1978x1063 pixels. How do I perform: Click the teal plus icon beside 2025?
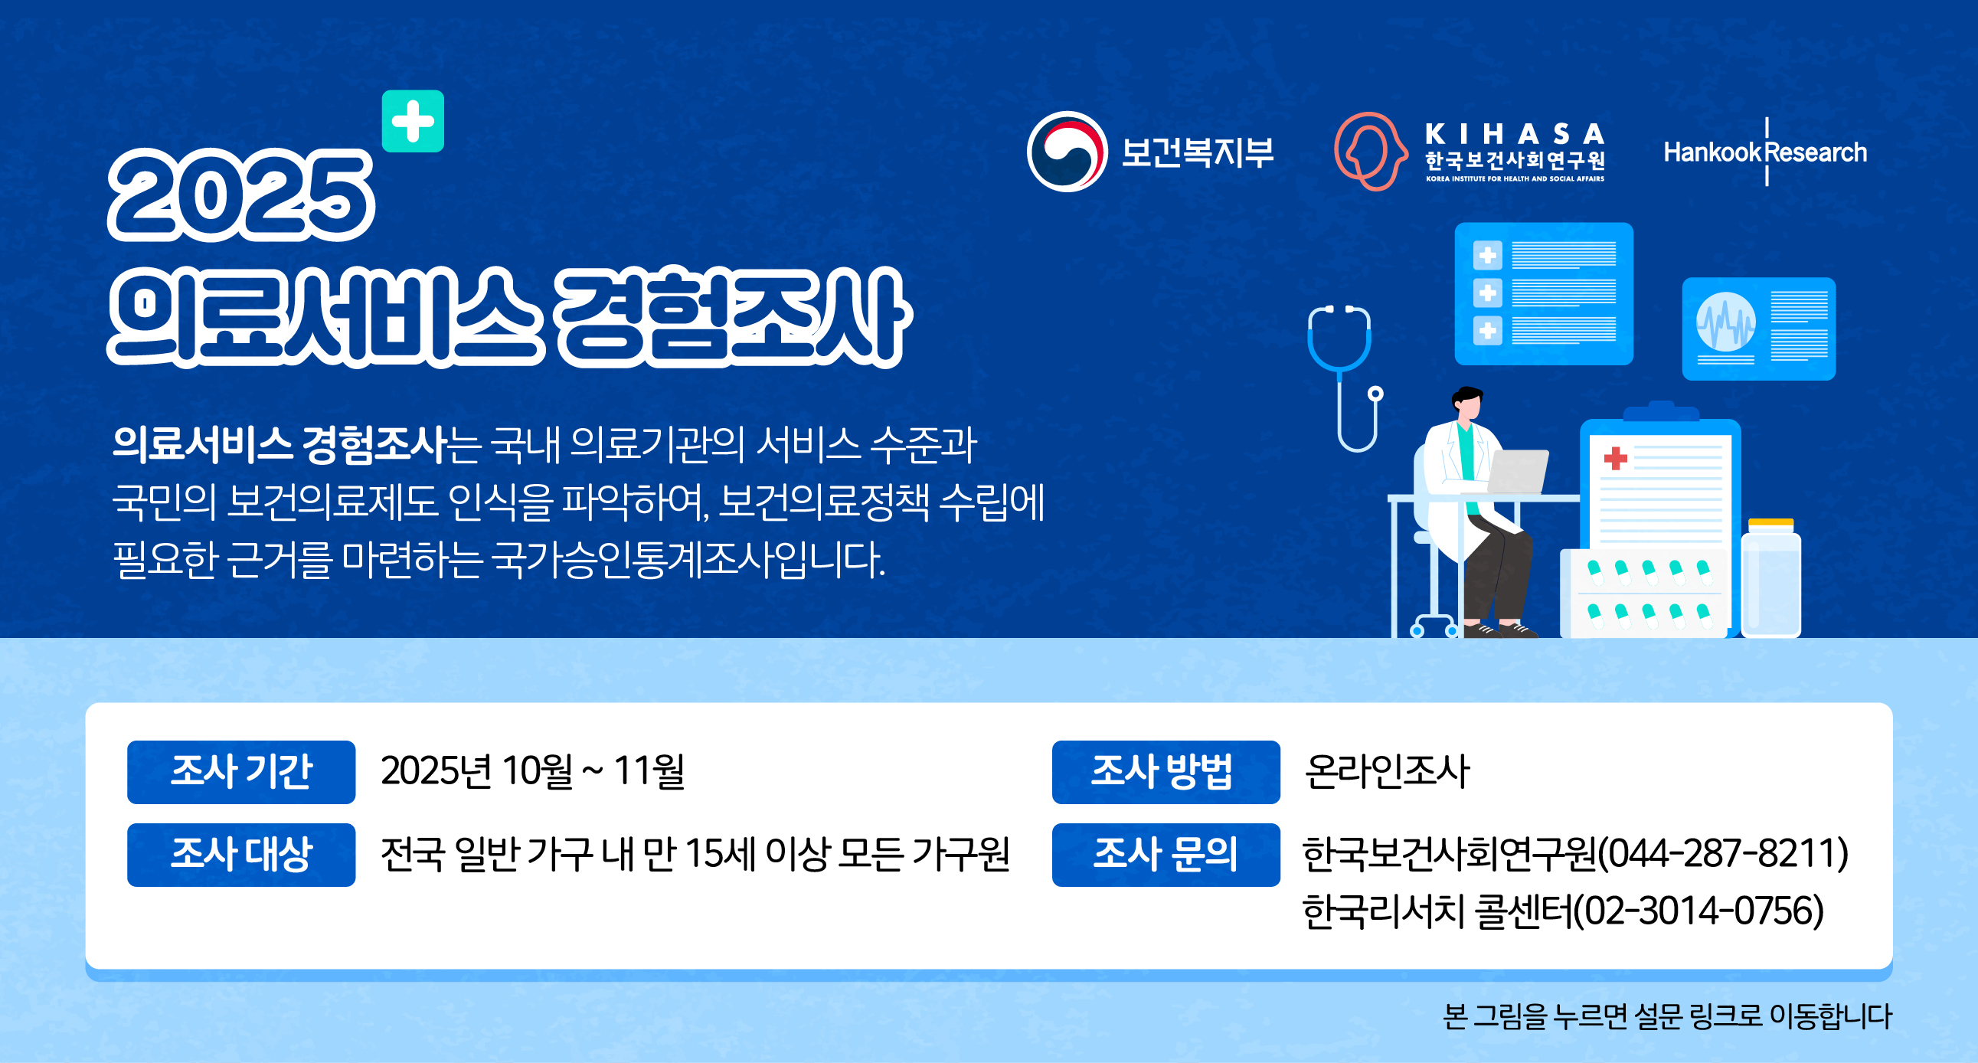click(x=412, y=121)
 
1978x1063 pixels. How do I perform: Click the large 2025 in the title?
click(x=240, y=196)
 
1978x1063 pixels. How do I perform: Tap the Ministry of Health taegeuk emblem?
click(x=1067, y=152)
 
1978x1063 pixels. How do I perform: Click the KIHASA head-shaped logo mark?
click(x=1369, y=152)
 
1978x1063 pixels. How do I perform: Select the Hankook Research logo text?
click(x=1764, y=152)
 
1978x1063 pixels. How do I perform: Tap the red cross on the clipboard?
click(x=1615, y=459)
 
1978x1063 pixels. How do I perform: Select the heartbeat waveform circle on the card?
click(x=1725, y=322)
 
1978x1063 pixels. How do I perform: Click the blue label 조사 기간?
click(x=241, y=771)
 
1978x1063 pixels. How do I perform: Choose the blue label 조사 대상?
click(x=241, y=854)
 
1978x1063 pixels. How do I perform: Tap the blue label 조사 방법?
click(x=1165, y=771)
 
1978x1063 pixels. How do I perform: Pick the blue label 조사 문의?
click(x=1165, y=854)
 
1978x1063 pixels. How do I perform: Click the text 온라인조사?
click(x=1386, y=771)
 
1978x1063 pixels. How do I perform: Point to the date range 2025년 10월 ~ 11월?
click(x=532, y=771)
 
